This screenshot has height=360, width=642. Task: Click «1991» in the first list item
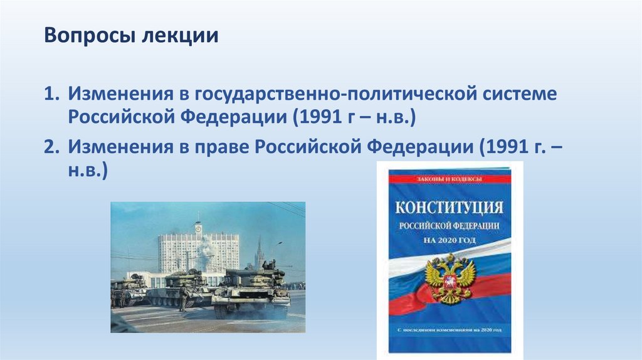pos(321,117)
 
